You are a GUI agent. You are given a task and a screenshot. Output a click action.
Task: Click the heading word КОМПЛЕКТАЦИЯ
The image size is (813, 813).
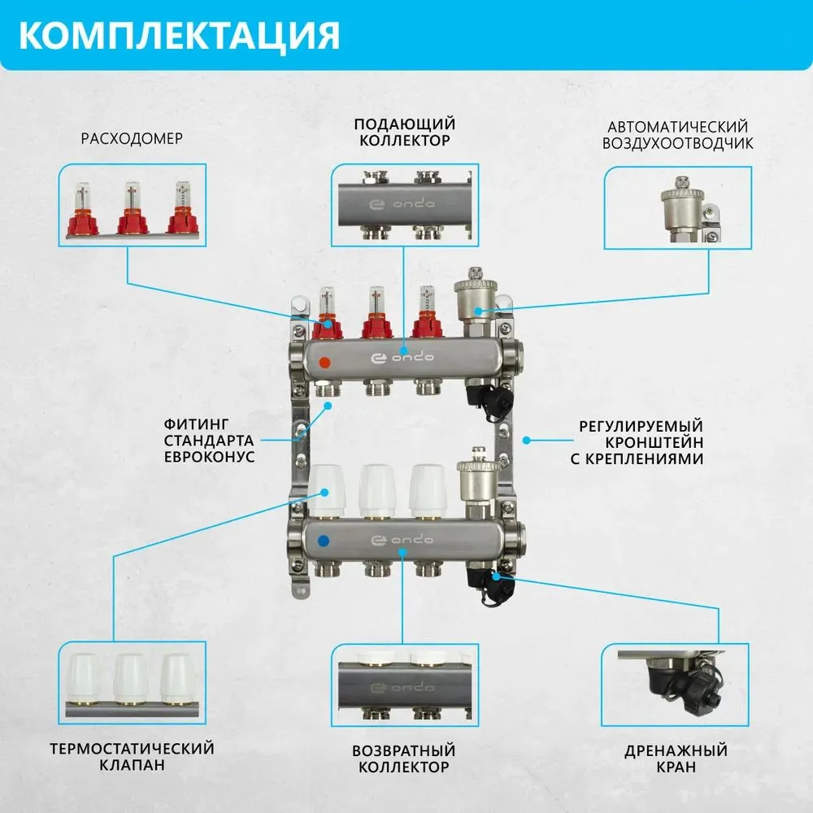point(178,35)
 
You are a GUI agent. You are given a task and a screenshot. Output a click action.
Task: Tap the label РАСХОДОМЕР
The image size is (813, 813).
point(132,138)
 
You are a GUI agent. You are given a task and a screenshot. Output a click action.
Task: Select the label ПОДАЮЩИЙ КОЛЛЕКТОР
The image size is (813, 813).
point(404,132)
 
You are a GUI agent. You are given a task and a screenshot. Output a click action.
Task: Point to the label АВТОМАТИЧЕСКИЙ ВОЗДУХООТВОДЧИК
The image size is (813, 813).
point(677,135)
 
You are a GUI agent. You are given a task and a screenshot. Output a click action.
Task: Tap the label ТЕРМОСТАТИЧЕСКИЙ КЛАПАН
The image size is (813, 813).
point(132,756)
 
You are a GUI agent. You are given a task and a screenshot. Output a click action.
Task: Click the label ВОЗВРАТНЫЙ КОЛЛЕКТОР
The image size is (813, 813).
point(404,758)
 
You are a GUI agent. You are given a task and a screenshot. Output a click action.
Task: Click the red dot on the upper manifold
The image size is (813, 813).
point(325,363)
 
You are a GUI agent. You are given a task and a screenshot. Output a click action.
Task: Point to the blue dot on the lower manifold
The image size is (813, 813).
point(325,540)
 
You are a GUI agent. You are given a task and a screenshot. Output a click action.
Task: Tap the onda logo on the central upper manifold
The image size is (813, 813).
point(402,359)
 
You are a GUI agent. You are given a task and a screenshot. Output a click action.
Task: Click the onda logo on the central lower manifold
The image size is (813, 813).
point(402,540)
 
